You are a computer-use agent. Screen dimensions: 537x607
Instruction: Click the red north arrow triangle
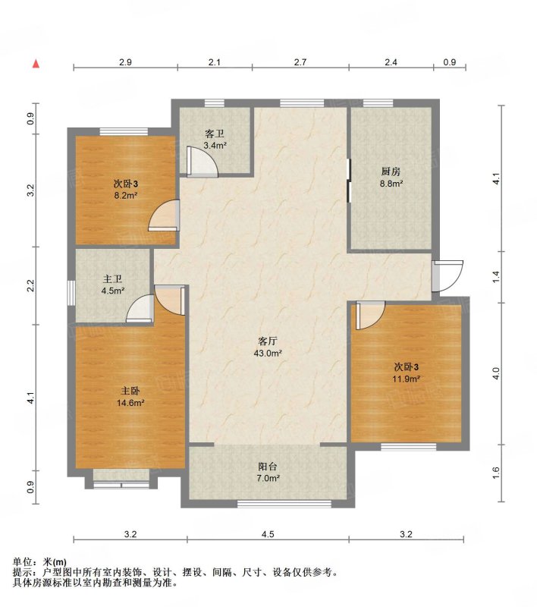tap(36, 64)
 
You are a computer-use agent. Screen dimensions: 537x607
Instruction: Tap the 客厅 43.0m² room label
tap(268, 347)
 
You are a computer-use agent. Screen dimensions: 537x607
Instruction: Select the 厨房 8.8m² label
tap(391, 178)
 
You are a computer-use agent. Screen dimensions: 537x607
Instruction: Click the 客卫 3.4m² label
tap(215, 140)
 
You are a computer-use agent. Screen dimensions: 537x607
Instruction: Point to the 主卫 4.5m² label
tap(112, 285)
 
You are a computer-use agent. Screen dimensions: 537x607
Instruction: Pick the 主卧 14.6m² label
tap(130, 396)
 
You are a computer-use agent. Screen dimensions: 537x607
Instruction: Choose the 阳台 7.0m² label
tap(268, 472)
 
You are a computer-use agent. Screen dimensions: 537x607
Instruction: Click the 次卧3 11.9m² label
tap(407, 373)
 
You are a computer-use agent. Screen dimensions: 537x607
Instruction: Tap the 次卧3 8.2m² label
tap(126, 189)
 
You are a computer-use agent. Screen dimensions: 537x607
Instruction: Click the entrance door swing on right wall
tap(447, 276)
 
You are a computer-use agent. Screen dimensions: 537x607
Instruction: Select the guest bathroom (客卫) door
tap(202, 162)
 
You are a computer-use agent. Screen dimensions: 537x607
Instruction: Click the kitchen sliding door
tap(349, 181)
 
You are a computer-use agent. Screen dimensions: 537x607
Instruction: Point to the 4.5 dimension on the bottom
tap(268, 534)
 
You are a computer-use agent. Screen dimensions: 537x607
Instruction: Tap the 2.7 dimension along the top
tap(300, 62)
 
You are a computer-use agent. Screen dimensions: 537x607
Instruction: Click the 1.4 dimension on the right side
tap(496, 276)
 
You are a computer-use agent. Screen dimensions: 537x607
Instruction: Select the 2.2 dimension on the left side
tap(30, 286)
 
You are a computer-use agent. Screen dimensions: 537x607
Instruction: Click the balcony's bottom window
tap(284, 504)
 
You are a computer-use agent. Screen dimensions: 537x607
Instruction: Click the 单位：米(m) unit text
tap(39, 561)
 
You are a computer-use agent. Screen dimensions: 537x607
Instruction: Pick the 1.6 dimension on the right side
tap(496, 473)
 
